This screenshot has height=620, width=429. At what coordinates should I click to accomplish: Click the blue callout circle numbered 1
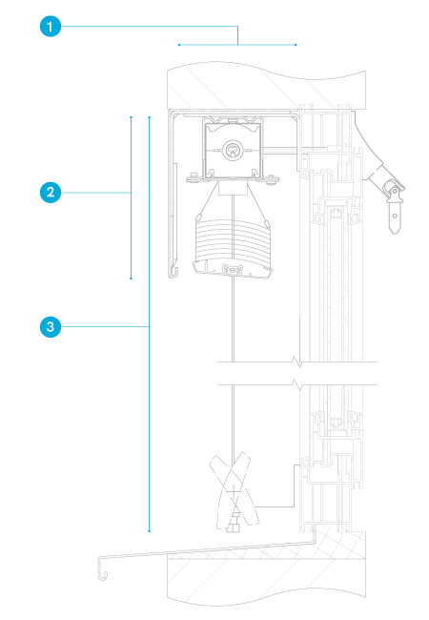[51, 27]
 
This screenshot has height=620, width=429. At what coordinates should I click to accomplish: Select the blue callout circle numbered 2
[51, 193]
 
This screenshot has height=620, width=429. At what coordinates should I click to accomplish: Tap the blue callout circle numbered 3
[51, 327]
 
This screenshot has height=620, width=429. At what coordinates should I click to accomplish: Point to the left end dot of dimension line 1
[179, 45]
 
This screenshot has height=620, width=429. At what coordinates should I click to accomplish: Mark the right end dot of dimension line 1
[296, 45]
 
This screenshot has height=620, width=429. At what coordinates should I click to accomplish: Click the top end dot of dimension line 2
[132, 117]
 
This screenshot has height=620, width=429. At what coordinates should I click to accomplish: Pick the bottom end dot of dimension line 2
[132, 279]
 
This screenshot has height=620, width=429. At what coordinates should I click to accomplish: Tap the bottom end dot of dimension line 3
[150, 531]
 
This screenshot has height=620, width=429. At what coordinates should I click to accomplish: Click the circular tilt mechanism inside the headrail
[233, 150]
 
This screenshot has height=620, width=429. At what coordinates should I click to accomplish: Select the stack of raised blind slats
[233, 240]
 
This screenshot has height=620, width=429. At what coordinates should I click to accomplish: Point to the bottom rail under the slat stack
[233, 269]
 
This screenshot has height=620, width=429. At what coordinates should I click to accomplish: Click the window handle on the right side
[391, 201]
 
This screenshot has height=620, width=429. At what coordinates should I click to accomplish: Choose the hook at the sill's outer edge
[102, 568]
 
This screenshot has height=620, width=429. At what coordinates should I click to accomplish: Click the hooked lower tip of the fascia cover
[173, 272]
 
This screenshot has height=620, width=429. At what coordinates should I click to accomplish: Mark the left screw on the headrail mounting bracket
[194, 175]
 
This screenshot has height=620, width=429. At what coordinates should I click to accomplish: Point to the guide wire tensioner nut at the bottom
[233, 527]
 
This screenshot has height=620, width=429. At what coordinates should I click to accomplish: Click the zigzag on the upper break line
[297, 362]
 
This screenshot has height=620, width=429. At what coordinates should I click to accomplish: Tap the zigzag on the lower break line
[297, 384]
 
